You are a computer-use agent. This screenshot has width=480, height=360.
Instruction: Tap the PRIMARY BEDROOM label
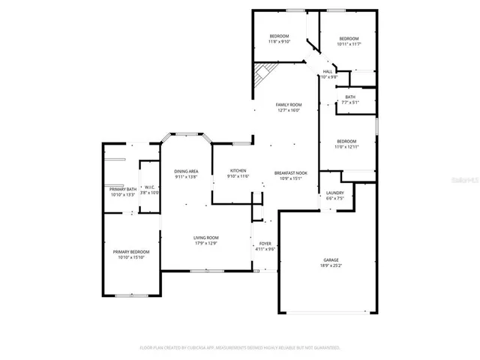131,251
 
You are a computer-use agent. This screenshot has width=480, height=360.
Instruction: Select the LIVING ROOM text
205,237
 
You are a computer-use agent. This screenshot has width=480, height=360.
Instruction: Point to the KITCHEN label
238,171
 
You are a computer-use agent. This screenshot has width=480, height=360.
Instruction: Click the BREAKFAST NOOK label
287,172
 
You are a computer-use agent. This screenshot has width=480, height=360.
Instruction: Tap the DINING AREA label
186,171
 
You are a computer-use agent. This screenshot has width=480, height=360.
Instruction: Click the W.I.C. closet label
149,187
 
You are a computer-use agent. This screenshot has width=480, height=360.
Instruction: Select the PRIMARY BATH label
121,189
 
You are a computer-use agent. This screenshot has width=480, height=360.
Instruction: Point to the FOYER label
265,244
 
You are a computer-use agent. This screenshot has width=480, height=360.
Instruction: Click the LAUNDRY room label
334,193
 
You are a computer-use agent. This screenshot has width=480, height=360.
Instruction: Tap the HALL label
328,71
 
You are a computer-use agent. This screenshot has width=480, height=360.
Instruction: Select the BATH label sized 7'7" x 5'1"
350,97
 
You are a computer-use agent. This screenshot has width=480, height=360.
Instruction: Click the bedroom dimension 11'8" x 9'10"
280,41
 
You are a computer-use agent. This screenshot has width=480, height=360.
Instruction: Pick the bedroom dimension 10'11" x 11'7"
349,43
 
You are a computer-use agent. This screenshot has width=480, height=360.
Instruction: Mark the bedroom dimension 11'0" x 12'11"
346,146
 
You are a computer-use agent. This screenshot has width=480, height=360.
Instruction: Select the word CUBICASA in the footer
205,347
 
